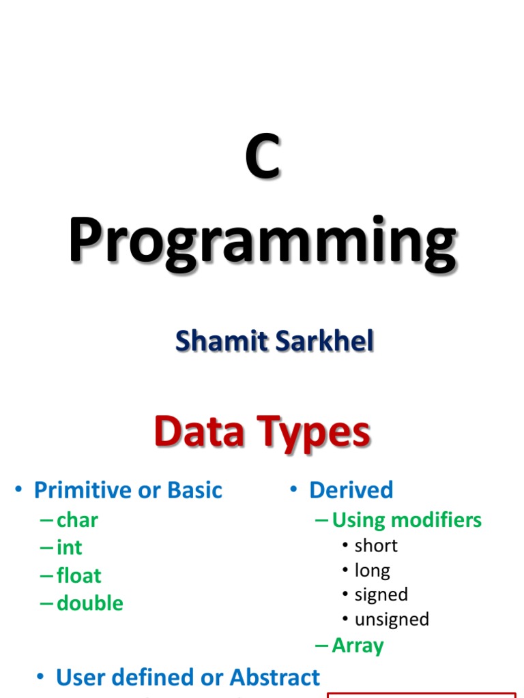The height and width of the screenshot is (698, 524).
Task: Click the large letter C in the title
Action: [263, 158]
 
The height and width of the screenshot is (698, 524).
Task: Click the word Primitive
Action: [81, 490]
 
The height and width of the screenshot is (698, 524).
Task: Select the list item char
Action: [77, 520]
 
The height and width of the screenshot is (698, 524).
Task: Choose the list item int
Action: [69, 548]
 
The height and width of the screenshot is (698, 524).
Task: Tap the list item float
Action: [78, 576]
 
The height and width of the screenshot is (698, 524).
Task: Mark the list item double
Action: [89, 604]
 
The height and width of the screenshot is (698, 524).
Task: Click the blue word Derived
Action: [351, 490]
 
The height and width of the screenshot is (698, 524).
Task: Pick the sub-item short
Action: [376, 545]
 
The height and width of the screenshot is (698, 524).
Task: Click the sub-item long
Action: [373, 570]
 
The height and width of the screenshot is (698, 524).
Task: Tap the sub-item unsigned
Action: [392, 620]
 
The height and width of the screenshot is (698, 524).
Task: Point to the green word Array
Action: [358, 646]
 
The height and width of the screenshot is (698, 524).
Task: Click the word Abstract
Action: [275, 677]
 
